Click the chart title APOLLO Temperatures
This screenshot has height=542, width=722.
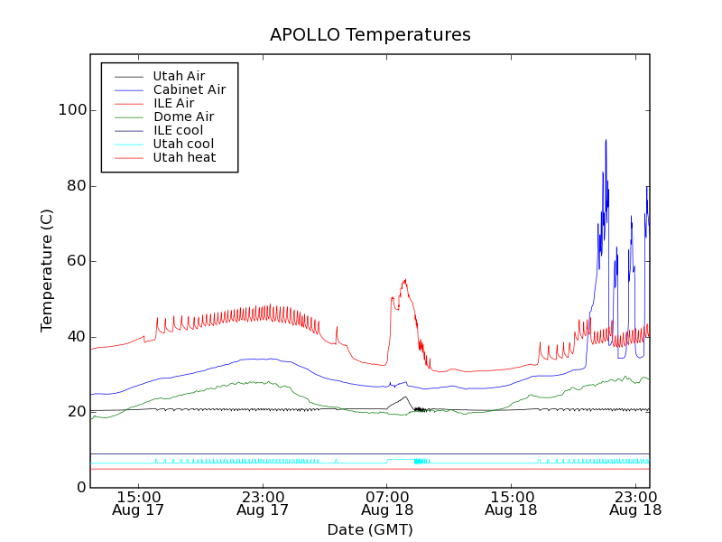coord(370,35)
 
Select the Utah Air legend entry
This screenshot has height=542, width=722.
coord(179,76)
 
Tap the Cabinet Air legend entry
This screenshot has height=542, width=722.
coord(189,89)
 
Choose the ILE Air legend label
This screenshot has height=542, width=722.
coord(173,103)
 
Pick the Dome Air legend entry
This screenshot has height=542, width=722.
coord(183,117)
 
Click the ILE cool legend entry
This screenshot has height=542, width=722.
coord(178,130)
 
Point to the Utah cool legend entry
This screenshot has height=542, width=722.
coord(183,144)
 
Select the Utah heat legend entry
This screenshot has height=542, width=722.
coord(183,157)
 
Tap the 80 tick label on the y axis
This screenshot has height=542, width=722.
coord(74,186)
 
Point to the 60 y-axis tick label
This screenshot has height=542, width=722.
coord(74,261)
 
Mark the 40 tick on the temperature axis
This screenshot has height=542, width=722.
coord(74,337)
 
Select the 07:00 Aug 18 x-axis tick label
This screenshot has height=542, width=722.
coord(387,502)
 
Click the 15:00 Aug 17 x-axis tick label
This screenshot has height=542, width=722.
coord(138,502)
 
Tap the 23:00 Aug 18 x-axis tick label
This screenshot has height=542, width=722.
coord(636,502)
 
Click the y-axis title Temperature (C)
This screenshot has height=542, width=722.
coord(47,269)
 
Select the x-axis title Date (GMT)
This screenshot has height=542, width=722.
coord(370,529)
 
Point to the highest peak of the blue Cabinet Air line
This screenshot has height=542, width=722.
coord(606,140)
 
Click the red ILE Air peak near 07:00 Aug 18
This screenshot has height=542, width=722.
coord(405,280)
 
